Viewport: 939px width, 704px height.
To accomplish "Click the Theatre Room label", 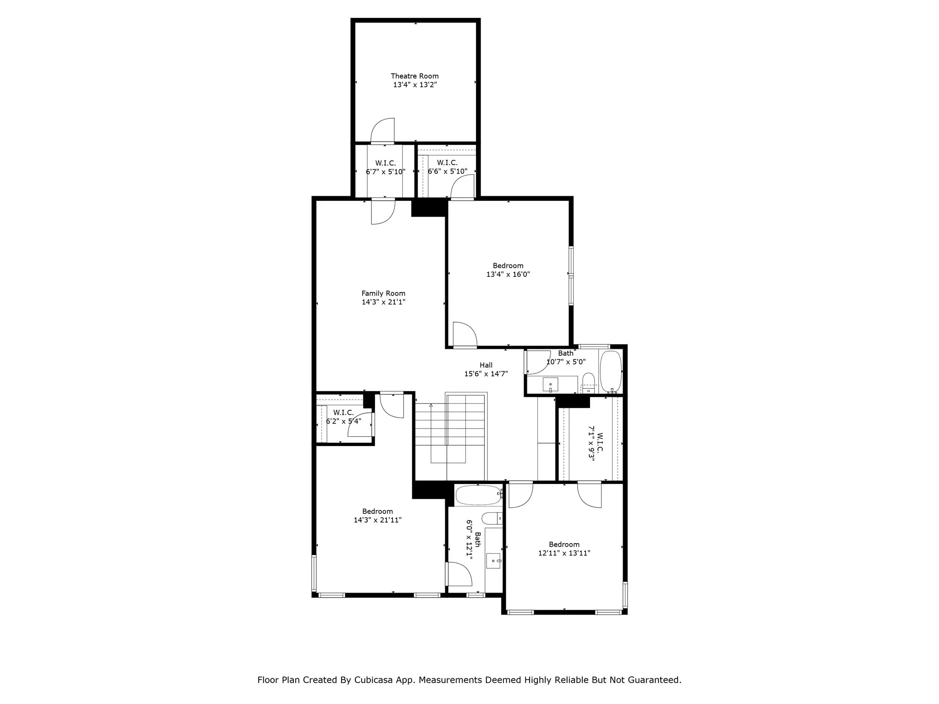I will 414,76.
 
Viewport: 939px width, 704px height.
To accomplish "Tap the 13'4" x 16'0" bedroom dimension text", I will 508,275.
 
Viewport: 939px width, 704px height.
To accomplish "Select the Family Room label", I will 383,293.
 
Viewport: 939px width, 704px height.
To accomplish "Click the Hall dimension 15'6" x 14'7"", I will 486,374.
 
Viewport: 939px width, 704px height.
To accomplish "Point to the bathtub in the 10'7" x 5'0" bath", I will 611,372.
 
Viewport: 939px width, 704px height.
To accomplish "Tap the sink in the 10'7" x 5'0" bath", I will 550,385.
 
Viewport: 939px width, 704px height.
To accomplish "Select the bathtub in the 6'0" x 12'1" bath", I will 478,495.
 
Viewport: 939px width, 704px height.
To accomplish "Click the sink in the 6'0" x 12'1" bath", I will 493,561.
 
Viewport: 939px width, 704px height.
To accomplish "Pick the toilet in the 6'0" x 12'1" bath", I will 492,518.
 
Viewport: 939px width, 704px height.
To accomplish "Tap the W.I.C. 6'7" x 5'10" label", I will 385,168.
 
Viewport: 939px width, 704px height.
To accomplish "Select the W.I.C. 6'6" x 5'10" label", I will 447,167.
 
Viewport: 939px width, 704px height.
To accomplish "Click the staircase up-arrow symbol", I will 431,406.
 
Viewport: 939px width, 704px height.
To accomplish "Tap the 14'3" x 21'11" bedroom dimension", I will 377,520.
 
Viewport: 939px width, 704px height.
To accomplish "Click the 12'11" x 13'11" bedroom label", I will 564,549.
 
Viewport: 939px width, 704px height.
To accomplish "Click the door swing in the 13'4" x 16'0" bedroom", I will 464,334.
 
